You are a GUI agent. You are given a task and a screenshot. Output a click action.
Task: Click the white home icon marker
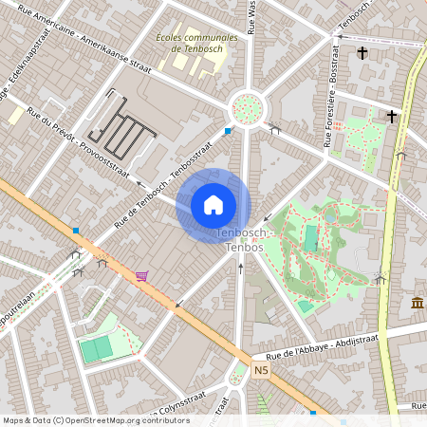pyautogui.click(x=213, y=204)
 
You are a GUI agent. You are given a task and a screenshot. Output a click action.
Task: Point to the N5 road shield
pyautogui.click(x=263, y=369)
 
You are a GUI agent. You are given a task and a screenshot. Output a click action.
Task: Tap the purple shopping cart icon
pyautogui.click(x=141, y=276)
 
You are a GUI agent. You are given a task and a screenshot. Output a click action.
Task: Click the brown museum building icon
pyautogui.click(x=418, y=303)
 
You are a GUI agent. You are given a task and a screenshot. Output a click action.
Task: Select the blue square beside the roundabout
pyautogui.click(x=228, y=131)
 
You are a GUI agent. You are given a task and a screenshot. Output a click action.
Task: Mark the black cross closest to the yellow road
pyautogui.click(x=391, y=116)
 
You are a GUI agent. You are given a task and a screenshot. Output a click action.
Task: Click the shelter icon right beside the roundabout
pyautogui.click(x=274, y=128)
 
